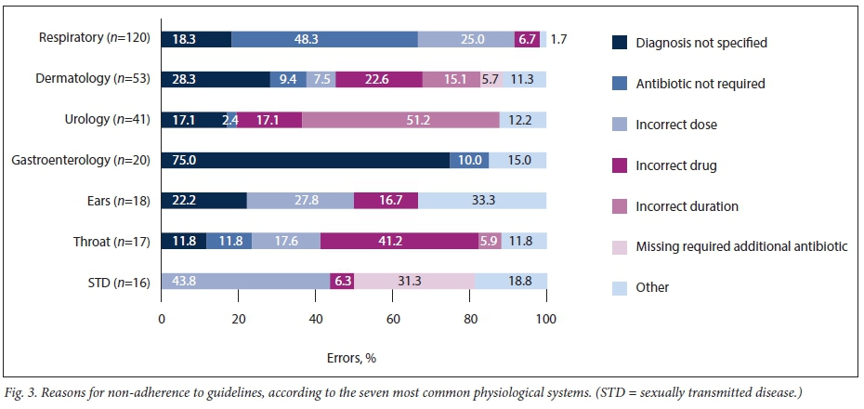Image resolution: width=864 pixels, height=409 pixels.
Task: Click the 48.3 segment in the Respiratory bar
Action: (324, 39)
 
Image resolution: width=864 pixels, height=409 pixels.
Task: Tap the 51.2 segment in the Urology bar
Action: (400, 120)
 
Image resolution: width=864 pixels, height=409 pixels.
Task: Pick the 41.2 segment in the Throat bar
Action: (397, 241)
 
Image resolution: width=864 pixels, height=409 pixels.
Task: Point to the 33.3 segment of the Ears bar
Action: (482, 201)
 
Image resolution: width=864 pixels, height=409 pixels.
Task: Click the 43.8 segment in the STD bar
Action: (245, 281)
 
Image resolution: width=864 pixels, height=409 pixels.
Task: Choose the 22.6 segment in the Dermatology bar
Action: (379, 80)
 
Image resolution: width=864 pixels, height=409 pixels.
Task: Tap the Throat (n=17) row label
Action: (112, 241)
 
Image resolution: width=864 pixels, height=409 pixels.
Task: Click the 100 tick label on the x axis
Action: (546, 320)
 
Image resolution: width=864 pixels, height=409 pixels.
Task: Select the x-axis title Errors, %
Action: (352, 358)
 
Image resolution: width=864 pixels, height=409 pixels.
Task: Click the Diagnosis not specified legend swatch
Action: (620, 43)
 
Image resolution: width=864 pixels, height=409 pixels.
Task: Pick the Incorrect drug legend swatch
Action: (620, 165)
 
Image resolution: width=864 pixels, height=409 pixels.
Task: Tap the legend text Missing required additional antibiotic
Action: (742, 246)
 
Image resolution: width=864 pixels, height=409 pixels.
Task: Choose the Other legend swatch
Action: (620, 287)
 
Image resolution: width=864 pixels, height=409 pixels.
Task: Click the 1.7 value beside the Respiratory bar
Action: (558, 39)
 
